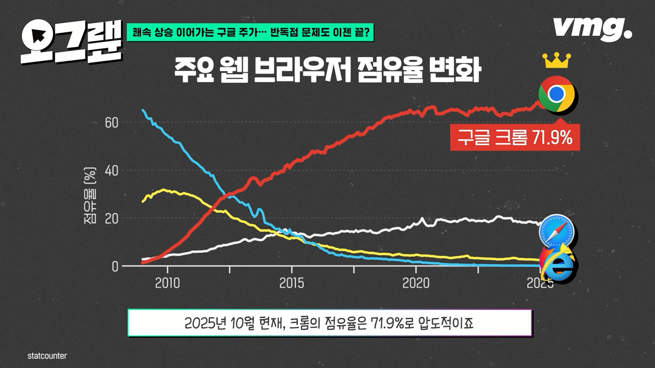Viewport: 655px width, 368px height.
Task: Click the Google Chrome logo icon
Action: click(557, 94)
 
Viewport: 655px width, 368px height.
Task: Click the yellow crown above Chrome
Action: click(557, 60)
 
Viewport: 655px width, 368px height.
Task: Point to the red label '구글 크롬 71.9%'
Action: click(515, 137)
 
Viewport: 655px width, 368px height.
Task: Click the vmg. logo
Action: click(592, 29)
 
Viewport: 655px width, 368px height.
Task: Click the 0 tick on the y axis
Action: click(116, 266)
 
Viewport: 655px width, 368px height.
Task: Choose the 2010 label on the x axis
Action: click(167, 283)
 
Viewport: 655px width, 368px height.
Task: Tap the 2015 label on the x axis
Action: click(292, 283)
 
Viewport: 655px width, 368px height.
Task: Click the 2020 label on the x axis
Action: click(416, 283)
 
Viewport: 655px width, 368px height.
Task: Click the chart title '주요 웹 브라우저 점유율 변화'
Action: click(327, 72)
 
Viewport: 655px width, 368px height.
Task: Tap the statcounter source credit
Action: click(47, 356)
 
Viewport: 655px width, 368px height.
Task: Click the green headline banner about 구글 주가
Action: click(251, 33)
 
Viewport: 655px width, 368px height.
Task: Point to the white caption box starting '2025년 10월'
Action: click(330, 323)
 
